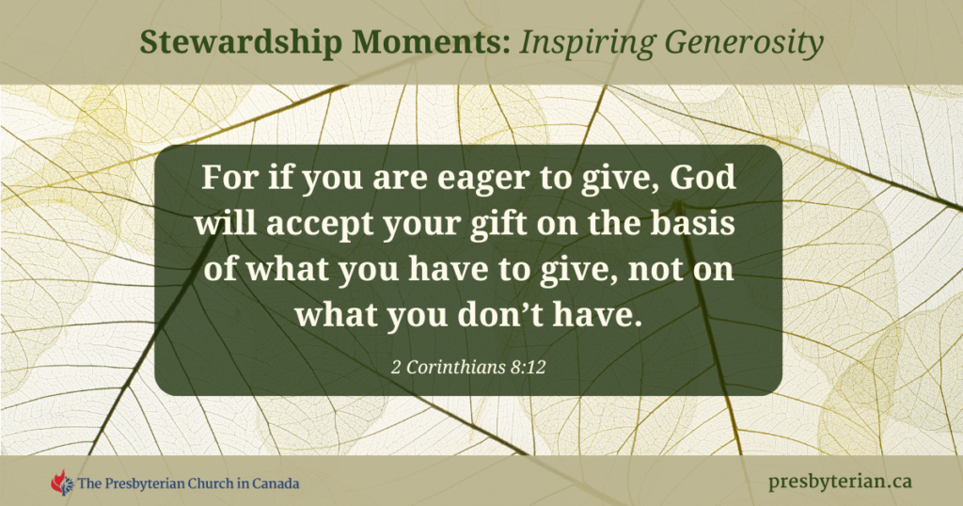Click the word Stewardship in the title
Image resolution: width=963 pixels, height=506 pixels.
coord(240,43)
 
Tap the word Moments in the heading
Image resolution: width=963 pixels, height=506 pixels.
coord(431,41)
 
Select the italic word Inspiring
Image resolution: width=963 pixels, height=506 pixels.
coord(588,43)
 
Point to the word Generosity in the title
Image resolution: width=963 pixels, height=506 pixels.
coord(745,43)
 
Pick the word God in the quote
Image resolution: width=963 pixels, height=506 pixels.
coord(703,178)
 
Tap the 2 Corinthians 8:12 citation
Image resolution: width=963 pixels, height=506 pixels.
coord(468,367)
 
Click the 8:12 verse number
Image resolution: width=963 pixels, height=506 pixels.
coord(527,367)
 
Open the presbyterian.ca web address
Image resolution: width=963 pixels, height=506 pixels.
coord(840,482)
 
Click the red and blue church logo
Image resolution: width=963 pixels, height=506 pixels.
coord(61,482)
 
